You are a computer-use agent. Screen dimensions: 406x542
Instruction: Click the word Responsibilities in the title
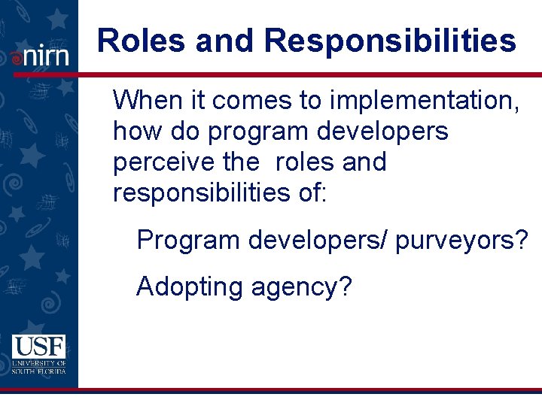(391, 41)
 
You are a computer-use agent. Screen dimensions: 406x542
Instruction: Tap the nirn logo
(39, 56)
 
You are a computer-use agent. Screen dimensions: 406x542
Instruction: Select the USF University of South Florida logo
(38, 354)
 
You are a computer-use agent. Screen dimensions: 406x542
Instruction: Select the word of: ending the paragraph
(312, 193)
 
